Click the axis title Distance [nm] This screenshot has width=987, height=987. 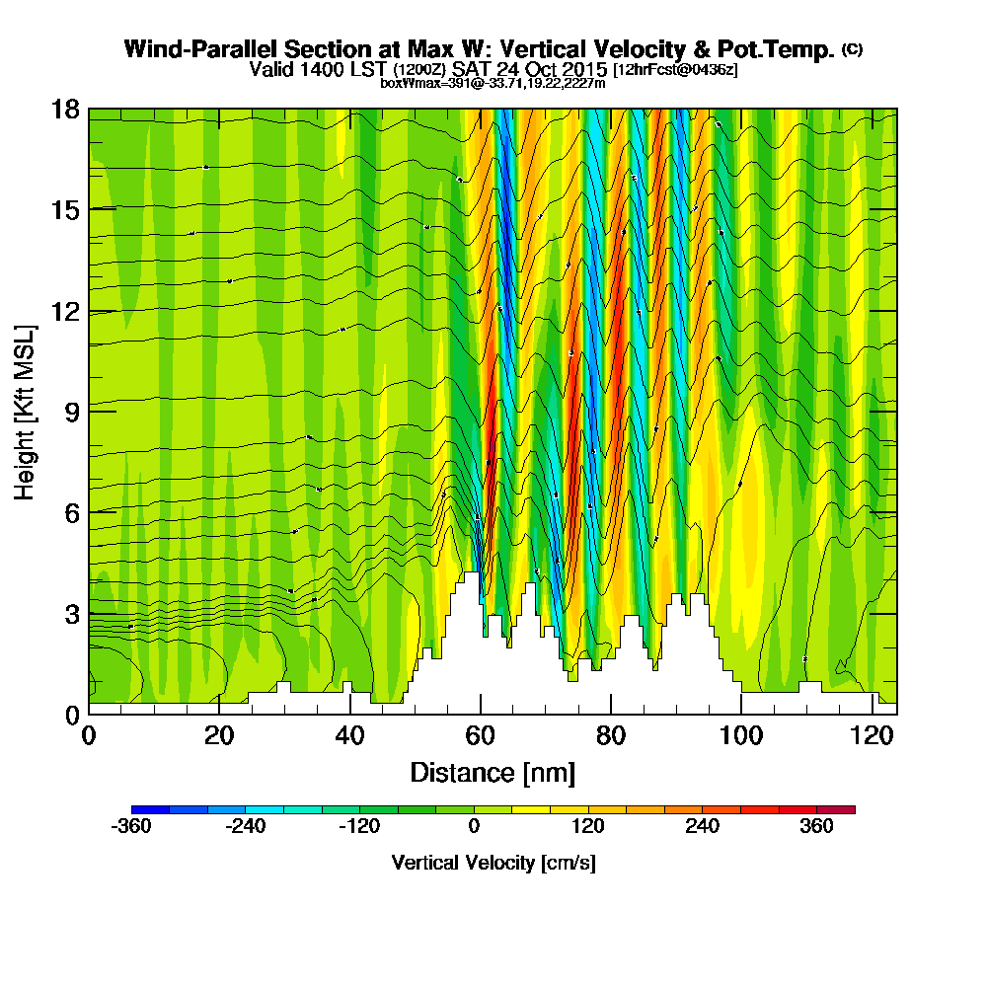coord(493,772)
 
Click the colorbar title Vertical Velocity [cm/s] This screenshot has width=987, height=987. coord(493,863)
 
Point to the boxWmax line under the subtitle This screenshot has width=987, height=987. coord(493,83)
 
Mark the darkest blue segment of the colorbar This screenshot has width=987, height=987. coord(150,809)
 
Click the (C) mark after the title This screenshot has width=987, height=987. coord(852,48)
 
